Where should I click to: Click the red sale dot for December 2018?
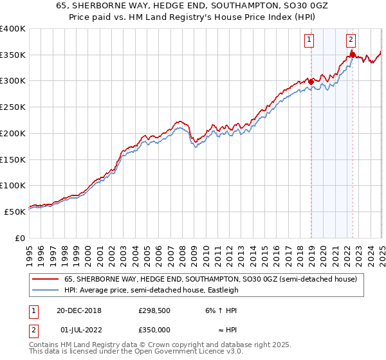point(311,82)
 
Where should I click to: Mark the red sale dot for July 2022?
point(353,55)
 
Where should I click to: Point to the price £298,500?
point(154,310)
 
